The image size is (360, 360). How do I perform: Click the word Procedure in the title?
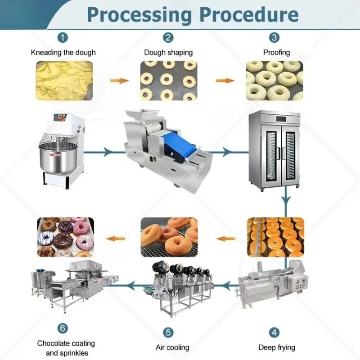[x=249, y=14]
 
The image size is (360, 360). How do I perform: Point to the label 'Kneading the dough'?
[x=63, y=52]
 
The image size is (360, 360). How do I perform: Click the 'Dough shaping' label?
[x=168, y=52]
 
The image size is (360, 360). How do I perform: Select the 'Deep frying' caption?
[x=277, y=347]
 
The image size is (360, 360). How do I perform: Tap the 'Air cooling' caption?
[x=172, y=347]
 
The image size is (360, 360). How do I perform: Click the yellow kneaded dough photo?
[x=64, y=81]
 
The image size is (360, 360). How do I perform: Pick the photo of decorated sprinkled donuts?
[x=64, y=237]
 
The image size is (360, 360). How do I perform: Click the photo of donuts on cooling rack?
[x=169, y=237]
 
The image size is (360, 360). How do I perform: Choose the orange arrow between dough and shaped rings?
[x=118, y=81]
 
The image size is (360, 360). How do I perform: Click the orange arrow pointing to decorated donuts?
[x=118, y=238]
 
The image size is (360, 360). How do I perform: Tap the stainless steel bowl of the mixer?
[x=55, y=158]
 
